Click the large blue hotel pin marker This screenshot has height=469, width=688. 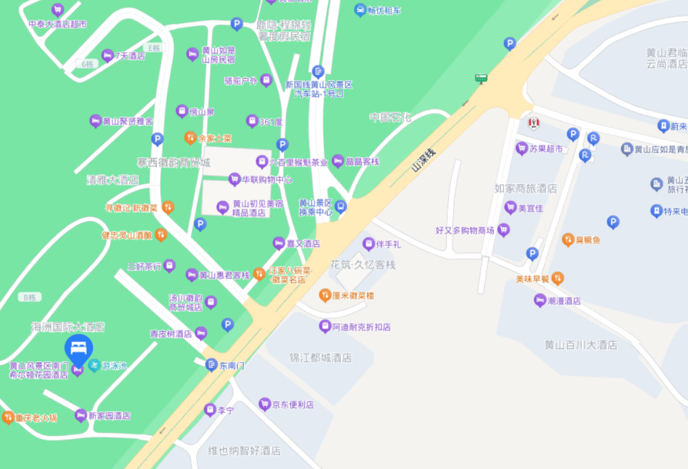tap(79, 349)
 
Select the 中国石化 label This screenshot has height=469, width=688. tap(391, 117)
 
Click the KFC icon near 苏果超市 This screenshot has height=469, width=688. tap(533, 122)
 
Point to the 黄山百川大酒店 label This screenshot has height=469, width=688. tap(580, 345)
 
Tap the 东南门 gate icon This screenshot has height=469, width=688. tap(211, 365)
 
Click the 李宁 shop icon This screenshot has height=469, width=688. tap(210, 410)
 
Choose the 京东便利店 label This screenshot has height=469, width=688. tap(292, 405)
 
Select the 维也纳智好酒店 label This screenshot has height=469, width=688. tap(244, 451)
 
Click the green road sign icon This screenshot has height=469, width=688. tap(481, 79)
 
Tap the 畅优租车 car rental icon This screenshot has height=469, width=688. tap(361, 10)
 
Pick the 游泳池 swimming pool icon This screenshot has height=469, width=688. tap(94, 366)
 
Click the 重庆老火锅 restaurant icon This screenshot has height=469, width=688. tap(8, 417)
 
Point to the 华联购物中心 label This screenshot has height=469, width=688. tap(266, 180)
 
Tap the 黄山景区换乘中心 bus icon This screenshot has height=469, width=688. tap(341, 206)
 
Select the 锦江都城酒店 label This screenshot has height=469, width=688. tap(320, 358)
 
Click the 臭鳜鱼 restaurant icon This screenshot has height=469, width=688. tap(568, 240)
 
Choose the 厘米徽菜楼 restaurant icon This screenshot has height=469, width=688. tap(324, 296)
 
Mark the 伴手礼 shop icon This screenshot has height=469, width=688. tap(368, 243)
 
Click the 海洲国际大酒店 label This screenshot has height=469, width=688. tap(68, 327)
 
